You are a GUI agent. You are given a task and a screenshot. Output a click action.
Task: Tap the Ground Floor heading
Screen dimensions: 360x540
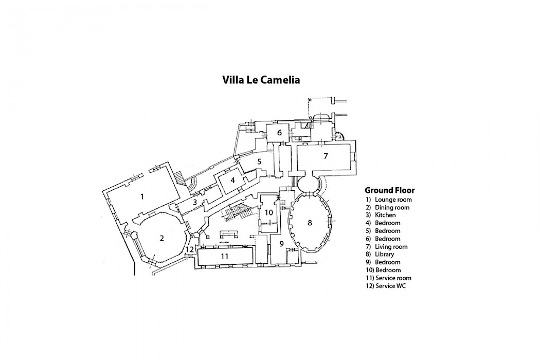pyautogui.click(x=389, y=190)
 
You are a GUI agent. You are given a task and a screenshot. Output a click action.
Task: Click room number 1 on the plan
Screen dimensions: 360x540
pyautogui.click(x=142, y=196)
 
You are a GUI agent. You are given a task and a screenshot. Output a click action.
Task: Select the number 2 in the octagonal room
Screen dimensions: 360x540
pyautogui.click(x=161, y=238)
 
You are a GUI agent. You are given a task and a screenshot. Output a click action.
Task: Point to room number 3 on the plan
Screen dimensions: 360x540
pyautogui.click(x=195, y=202)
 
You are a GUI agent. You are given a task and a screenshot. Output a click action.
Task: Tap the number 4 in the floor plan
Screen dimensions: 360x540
pyautogui.click(x=233, y=180)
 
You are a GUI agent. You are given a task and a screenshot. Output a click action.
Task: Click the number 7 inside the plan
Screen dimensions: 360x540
pyautogui.click(x=326, y=156)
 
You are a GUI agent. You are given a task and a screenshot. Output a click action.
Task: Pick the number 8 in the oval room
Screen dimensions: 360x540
pyautogui.click(x=310, y=223)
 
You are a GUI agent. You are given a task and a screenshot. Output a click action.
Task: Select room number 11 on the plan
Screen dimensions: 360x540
pyautogui.click(x=224, y=256)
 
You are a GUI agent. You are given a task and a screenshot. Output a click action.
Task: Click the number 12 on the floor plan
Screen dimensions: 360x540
pyautogui.click(x=190, y=249)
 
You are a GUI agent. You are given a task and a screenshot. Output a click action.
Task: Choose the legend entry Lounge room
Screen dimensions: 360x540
pyautogui.click(x=393, y=200)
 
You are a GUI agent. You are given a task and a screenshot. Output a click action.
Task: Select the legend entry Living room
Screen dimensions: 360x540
pyautogui.click(x=391, y=247)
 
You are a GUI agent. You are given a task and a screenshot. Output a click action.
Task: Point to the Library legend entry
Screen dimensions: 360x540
pyautogui.click(x=384, y=255)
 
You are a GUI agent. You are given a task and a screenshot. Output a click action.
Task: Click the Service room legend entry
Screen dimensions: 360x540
pyautogui.click(x=393, y=278)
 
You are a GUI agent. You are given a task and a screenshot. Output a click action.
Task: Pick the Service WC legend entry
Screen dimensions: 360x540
pyautogui.click(x=390, y=286)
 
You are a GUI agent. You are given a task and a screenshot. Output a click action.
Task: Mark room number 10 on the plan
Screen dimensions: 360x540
pyautogui.click(x=268, y=212)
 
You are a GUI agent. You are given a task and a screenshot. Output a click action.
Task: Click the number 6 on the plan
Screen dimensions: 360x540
pyautogui.click(x=279, y=132)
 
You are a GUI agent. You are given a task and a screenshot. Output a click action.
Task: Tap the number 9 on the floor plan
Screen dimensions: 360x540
pyautogui.click(x=281, y=243)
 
